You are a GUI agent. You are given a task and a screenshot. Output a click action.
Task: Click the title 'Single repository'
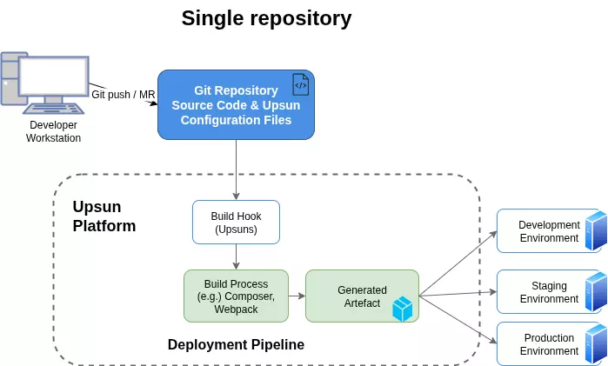[x=266, y=18]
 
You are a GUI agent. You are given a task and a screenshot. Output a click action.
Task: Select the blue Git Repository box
[x=235, y=104]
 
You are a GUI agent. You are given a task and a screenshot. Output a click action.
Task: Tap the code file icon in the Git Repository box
[x=300, y=84]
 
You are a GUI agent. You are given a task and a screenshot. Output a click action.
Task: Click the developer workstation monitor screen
[x=53, y=79]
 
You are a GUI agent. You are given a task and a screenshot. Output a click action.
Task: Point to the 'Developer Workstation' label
[x=53, y=131]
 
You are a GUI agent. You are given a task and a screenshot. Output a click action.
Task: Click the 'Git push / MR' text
[x=123, y=94]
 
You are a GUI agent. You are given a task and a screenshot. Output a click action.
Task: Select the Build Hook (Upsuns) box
[x=236, y=223]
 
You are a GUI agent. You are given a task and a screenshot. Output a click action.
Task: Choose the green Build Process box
[x=236, y=296]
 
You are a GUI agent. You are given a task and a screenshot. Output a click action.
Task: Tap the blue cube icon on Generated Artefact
[x=402, y=309]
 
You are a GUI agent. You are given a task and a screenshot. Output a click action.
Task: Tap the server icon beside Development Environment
[x=596, y=231]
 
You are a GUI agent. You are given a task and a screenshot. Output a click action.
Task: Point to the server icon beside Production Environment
[x=596, y=344]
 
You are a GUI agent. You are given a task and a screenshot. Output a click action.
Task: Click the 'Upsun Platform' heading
[x=104, y=216]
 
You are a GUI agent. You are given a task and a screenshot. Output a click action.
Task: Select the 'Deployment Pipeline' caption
[x=236, y=344]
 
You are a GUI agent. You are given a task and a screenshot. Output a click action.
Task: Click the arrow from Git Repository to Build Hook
[x=236, y=170]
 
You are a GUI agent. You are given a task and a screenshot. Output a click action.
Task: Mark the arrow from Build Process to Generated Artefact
[x=297, y=296]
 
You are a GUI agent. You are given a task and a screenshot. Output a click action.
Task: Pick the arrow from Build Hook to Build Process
[x=236, y=256]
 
